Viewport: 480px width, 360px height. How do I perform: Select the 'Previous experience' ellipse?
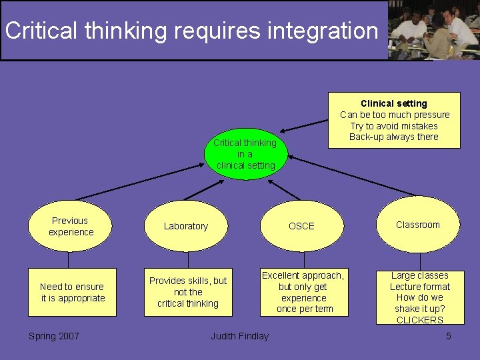click(70, 226)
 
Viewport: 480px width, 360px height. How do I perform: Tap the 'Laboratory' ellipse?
click(186, 226)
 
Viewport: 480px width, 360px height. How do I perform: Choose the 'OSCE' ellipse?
click(301, 226)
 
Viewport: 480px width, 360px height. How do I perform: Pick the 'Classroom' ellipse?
click(418, 225)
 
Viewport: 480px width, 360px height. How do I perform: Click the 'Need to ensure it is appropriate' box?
click(73, 292)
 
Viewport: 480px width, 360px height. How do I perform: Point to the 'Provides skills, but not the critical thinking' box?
click(188, 292)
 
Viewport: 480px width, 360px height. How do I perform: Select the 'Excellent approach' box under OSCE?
click(304, 292)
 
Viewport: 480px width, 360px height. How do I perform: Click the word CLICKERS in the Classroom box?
click(420, 320)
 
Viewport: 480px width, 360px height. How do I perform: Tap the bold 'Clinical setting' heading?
click(393, 103)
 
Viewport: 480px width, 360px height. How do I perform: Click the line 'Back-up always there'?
click(394, 137)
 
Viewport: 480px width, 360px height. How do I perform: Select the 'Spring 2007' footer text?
click(54, 336)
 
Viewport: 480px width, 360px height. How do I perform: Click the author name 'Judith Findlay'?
click(240, 336)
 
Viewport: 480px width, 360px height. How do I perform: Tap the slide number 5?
click(448, 336)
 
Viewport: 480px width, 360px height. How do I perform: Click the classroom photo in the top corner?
click(434, 31)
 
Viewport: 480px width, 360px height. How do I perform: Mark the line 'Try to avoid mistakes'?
click(394, 126)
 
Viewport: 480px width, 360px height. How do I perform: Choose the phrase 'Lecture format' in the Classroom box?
click(420, 287)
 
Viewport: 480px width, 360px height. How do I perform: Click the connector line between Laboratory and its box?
click(188, 260)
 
